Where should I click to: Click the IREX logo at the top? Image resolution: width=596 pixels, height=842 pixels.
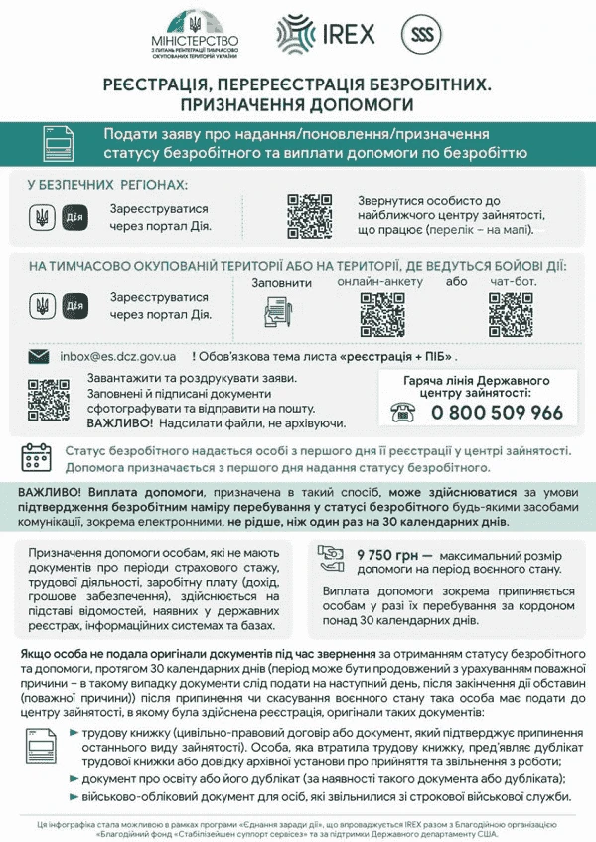click(x=327, y=34)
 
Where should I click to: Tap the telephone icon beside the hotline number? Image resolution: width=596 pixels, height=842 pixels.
click(x=403, y=413)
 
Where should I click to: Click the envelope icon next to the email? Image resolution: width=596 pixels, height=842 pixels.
click(x=39, y=356)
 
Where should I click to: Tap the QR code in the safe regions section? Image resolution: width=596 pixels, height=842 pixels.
click(x=308, y=214)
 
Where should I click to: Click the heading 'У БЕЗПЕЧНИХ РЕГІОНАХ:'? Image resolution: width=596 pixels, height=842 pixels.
click(x=107, y=186)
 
